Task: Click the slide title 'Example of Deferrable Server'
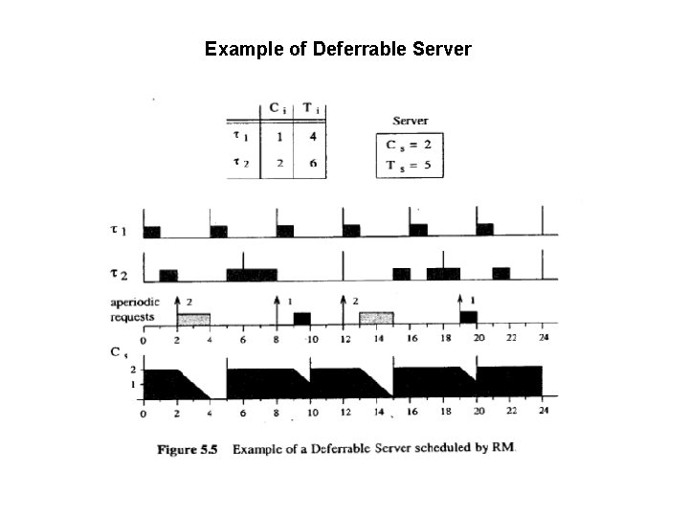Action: (338, 48)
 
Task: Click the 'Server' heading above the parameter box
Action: (411, 121)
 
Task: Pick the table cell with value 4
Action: (312, 137)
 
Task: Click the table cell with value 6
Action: (312, 162)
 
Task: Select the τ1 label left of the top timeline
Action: (120, 230)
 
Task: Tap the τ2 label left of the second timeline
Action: (120, 275)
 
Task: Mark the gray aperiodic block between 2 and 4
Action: (193, 318)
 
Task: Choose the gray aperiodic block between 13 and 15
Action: (376, 318)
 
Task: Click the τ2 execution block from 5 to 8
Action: (252, 274)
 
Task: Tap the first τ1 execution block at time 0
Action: (151, 231)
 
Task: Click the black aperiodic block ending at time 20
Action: (468, 317)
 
